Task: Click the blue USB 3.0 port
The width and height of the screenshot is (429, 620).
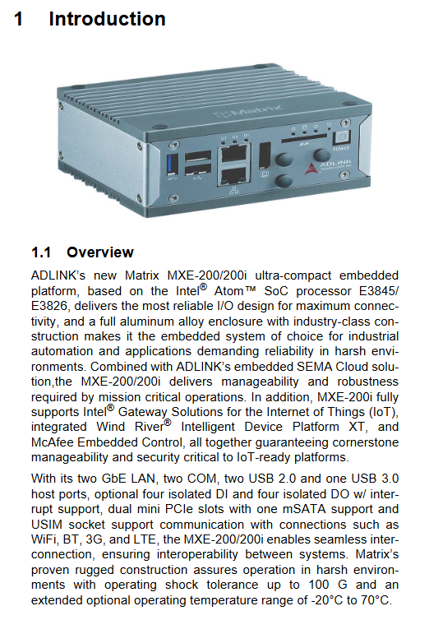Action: click(x=173, y=164)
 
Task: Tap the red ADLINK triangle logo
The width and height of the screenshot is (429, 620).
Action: click(x=311, y=169)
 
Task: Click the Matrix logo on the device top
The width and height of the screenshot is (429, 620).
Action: click(x=249, y=111)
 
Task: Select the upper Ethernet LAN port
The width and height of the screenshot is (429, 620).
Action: click(x=234, y=154)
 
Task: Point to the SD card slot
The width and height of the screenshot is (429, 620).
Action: click(x=304, y=138)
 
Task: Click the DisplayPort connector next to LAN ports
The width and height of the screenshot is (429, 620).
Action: click(x=265, y=155)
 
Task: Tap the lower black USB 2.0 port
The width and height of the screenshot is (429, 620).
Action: click(x=198, y=171)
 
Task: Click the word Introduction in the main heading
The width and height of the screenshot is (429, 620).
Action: click(x=107, y=19)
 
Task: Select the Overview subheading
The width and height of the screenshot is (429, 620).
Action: click(x=100, y=252)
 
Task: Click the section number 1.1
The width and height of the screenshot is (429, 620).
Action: click(x=41, y=252)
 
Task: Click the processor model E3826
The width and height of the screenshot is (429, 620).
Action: click(x=49, y=306)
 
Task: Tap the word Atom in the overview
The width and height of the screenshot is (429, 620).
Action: click(x=229, y=291)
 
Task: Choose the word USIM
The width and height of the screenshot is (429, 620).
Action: click(x=47, y=525)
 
